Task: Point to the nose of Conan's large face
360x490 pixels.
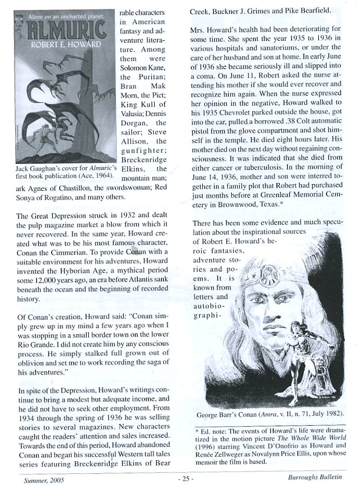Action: click(x=273, y=303)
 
